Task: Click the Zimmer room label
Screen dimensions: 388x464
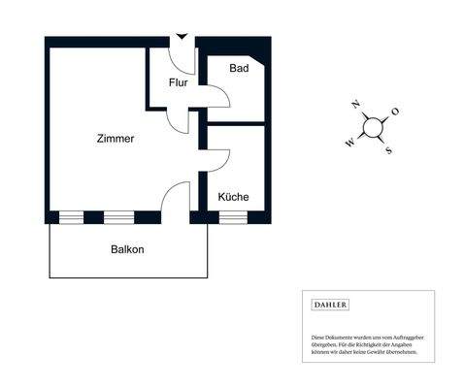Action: tap(116, 139)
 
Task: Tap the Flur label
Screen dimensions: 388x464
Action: tap(178, 82)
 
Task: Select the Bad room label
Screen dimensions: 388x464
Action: tap(239, 69)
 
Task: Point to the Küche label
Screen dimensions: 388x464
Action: tap(233, 197)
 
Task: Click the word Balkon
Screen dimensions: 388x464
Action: tap(127, 249)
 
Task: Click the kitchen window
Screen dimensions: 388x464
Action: tap(233, 217)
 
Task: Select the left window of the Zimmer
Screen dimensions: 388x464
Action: tap(73, 217)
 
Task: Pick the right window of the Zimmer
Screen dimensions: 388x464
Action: tap(117, 217)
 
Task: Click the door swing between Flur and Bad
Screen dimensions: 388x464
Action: tap(217, 96)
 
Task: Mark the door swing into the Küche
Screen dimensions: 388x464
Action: tap(217, 158)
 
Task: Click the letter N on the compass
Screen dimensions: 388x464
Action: tap(356, 103)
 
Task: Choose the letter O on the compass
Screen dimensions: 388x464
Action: tap(395, 112)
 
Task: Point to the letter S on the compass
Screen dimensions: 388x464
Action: tap(387, 150)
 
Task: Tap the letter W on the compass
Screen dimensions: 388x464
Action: tap(349, 142)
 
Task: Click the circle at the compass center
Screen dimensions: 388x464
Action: tap(372, 127)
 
